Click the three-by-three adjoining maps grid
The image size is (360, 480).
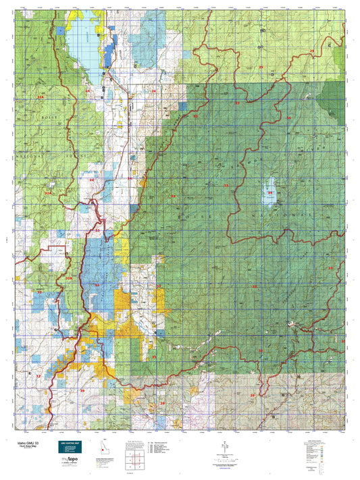tap(135, 460)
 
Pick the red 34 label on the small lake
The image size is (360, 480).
tap(269, 193)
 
